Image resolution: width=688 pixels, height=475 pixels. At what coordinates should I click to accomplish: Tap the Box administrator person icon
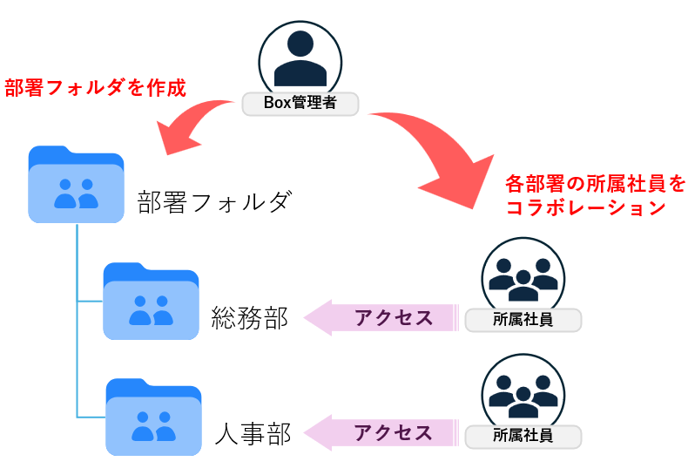(300, 58)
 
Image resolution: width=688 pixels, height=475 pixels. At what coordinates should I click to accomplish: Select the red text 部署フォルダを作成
(95, 87)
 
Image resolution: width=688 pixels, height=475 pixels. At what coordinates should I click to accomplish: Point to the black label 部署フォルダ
(212, 204)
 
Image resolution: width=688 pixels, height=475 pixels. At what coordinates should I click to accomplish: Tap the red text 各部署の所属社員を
(595, 184)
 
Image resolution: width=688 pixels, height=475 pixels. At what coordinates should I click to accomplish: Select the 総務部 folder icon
(151, 301)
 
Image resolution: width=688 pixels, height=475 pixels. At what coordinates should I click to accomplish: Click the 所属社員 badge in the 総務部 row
(523, 320)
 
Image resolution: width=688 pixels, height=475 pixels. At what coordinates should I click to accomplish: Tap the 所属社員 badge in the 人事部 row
(523, 435)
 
